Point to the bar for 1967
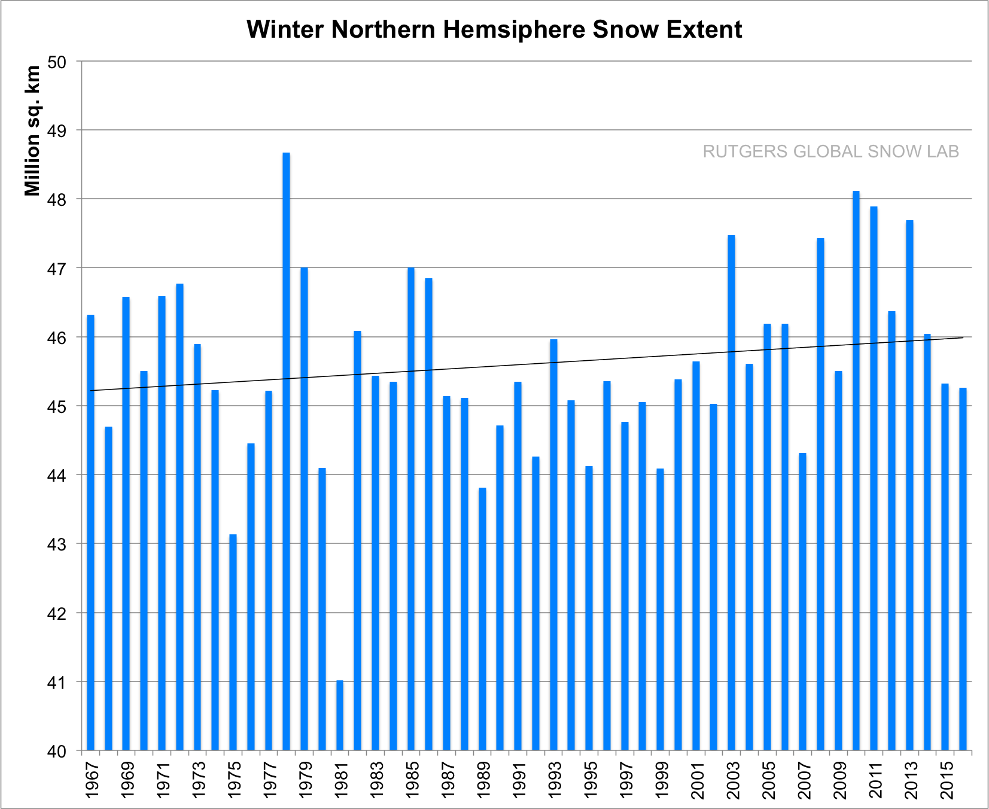click(90, 533)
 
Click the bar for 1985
click(411, 509)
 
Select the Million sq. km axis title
click(33, 130)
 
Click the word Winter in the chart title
click(284, 30)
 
